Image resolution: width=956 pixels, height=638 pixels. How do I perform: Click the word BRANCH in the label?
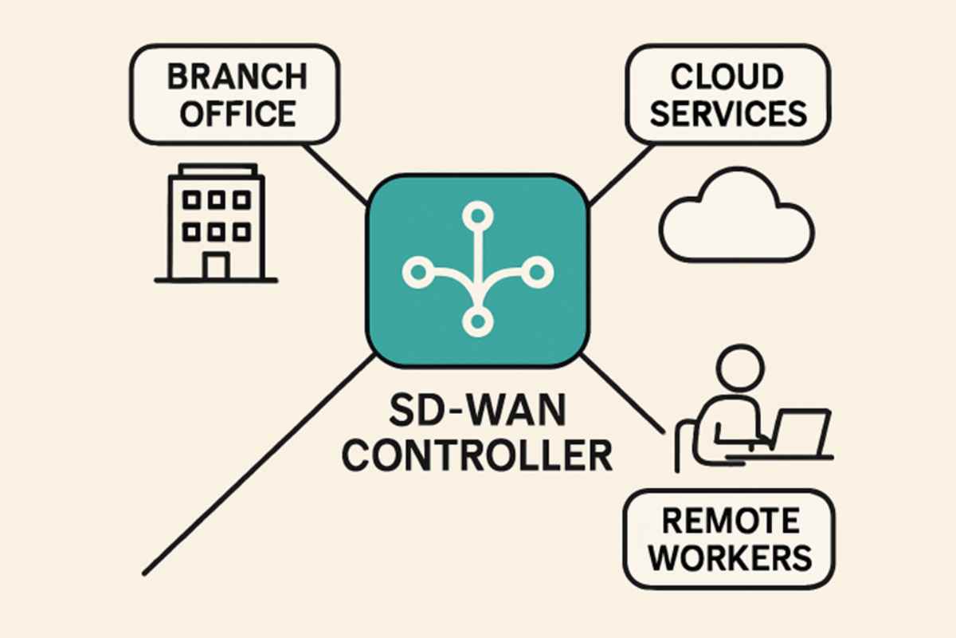coord(237,78)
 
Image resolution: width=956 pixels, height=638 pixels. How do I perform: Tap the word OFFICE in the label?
coord(237,112)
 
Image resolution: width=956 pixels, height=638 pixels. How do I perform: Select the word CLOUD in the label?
coord(726,78)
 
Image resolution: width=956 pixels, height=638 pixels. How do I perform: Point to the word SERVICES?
coord(726,112)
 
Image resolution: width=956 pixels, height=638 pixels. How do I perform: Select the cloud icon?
coord(735,219)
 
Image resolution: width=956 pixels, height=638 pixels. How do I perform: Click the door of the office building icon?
coord(215,266)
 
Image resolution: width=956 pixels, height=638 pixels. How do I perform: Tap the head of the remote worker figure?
coord(740,369)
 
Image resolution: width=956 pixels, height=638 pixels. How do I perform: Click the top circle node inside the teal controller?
coord(476,215)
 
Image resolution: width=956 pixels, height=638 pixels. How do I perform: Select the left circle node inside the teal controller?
coord(415,272)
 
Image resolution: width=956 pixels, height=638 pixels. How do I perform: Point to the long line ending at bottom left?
coord(255,467)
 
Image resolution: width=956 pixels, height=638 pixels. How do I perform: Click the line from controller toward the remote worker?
coord(625,395)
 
